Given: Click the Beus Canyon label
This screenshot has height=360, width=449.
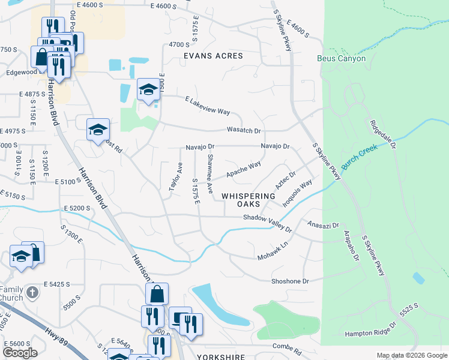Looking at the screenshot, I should (341, 59).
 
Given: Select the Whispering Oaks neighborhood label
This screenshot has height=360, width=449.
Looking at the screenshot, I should (249, 200).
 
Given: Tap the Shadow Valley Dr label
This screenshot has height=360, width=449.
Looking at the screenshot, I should (267, 223).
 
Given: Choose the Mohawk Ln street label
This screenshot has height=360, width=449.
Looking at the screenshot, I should (273, 251).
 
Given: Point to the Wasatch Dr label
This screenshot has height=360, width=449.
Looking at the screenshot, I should (244, 130).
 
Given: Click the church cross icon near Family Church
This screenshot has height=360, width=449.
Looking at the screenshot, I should (32, 293).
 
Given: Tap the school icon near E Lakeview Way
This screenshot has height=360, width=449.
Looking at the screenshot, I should (148, 90).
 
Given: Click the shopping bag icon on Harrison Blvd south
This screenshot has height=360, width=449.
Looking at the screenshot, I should (157, 294).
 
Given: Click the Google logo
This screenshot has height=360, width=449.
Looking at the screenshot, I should (20, 353).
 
